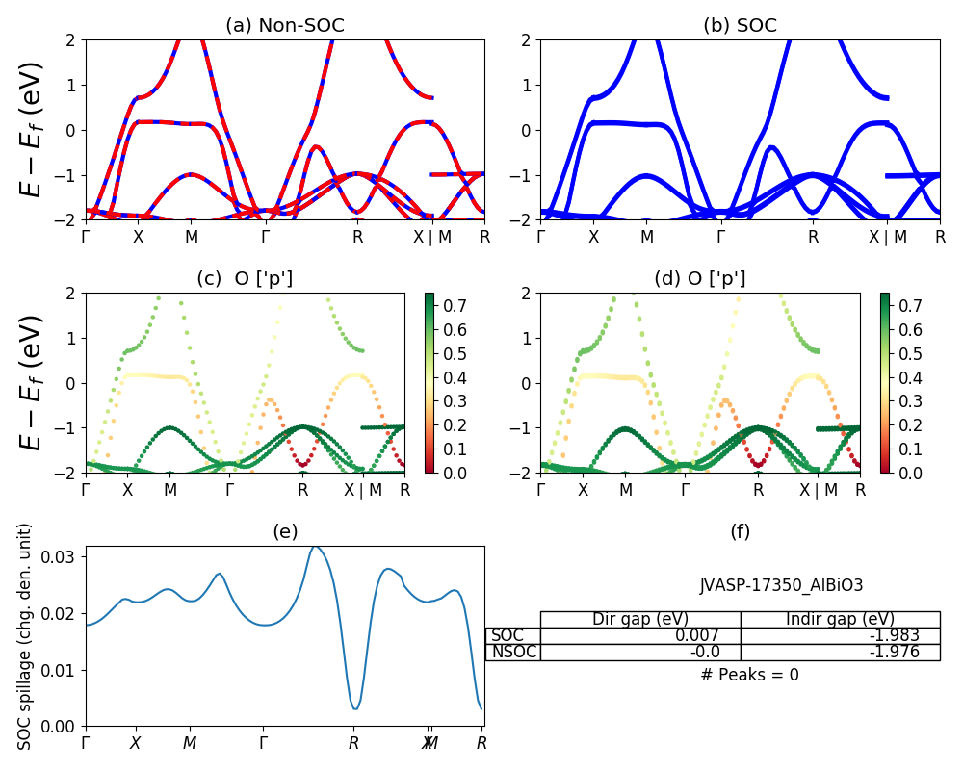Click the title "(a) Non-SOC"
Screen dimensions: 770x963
(284, 26)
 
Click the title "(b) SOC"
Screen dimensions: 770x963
(740, 26)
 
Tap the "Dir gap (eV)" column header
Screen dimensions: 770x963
(640, 619)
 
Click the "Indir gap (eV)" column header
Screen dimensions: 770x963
(840, 619)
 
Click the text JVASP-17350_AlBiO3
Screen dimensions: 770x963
(768, 585)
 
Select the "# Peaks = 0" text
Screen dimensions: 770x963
(749, 675)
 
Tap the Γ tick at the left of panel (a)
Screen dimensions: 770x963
(86, 236)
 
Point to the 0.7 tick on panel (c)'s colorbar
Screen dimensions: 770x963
(453, 306)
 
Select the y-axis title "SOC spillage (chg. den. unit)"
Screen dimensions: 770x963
(26, 636)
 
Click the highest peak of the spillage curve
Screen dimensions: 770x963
(314, 547)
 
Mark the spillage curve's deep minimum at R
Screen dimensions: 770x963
(355, 708)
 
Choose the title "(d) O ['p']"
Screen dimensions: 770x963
(700, 279)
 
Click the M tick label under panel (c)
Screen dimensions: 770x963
(170, 489)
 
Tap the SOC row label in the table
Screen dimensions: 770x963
(508, 635)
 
